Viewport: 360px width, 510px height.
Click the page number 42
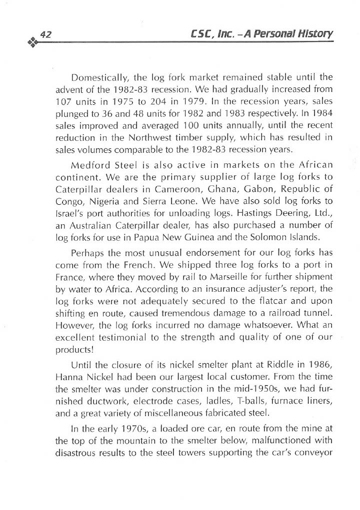point(45,34)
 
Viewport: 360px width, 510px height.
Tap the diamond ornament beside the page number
point(31,42)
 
